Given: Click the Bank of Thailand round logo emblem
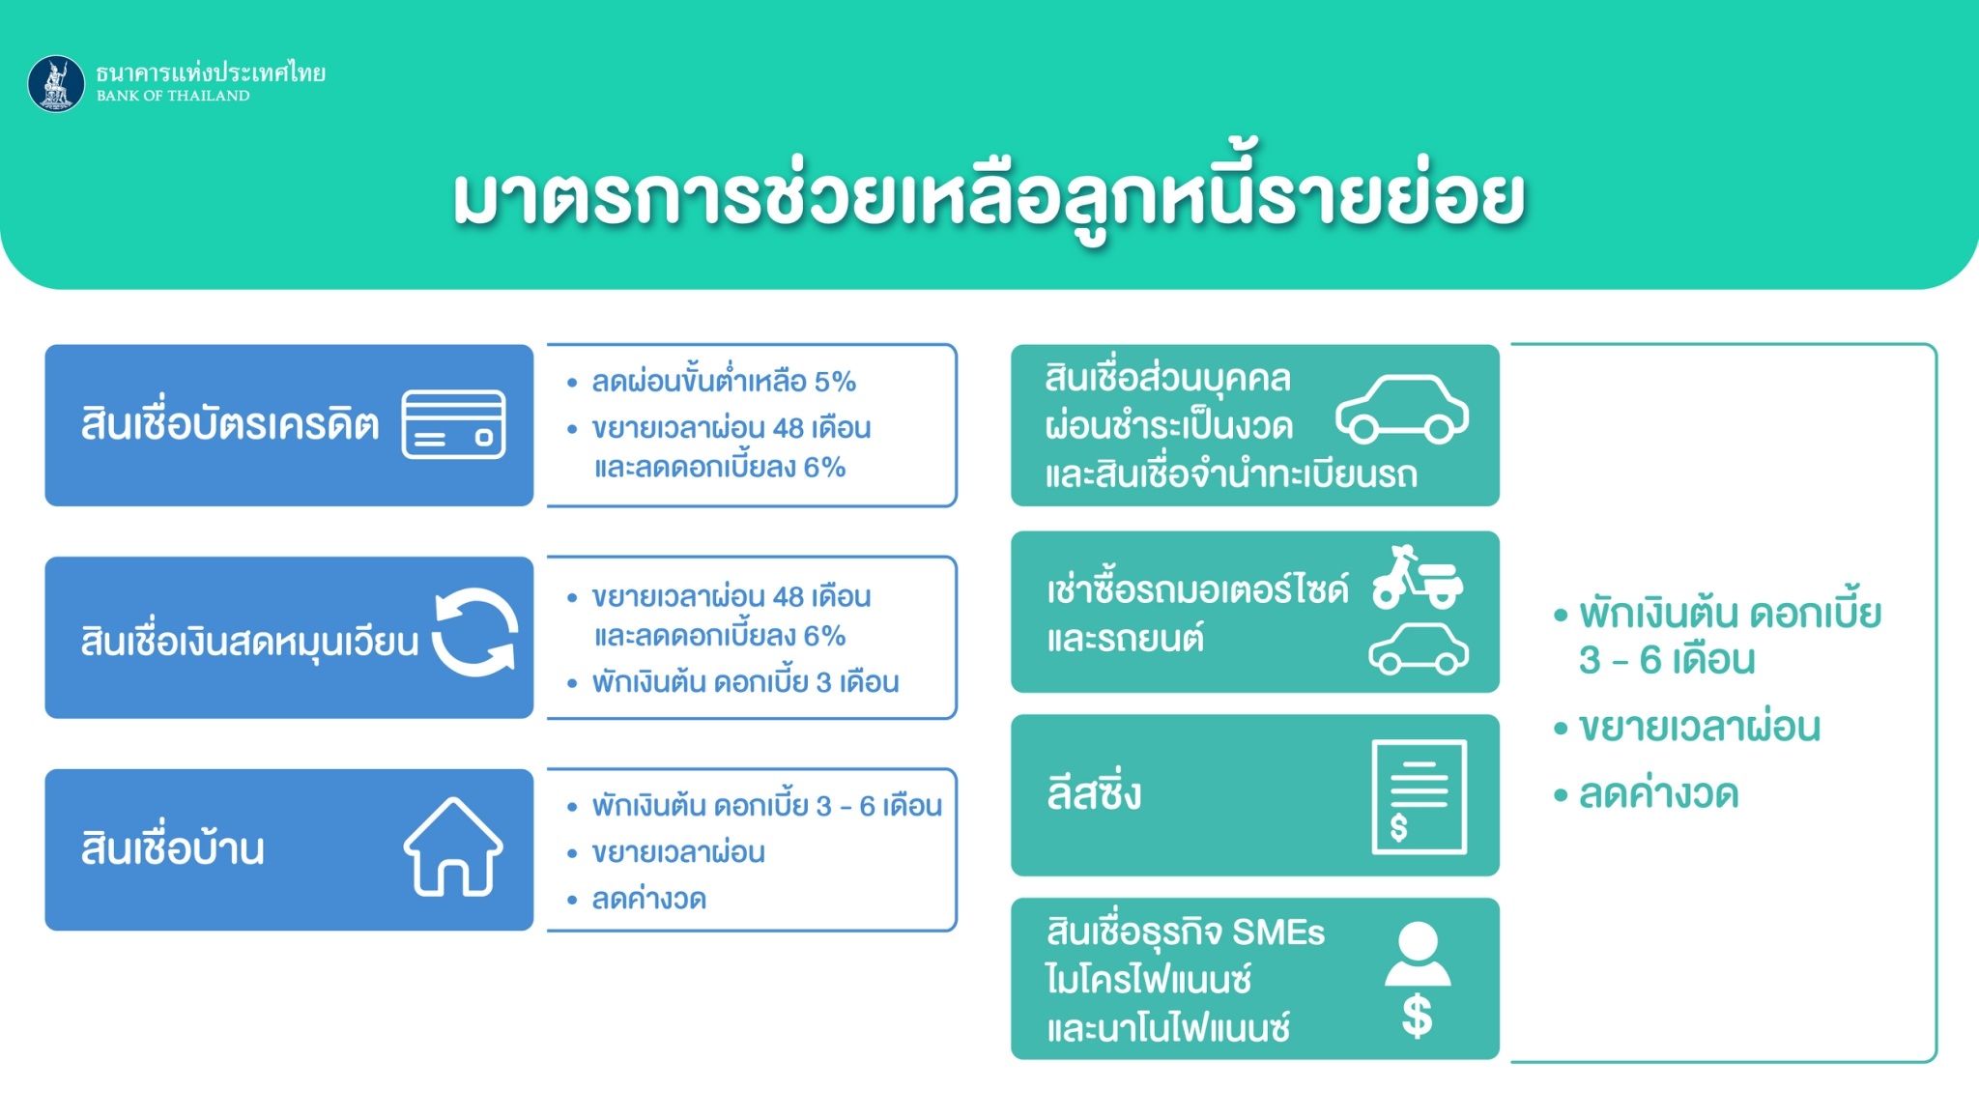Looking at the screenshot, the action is coord(56,83).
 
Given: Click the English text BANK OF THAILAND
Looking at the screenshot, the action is coord(173,96).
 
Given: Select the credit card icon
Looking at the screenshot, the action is coord(453,424).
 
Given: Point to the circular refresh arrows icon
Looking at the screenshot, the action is coord(474,633).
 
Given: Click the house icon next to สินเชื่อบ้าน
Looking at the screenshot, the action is coord(453,847).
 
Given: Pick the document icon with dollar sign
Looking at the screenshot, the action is coord(1420,797).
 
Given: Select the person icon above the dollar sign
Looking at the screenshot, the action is coord(1418,954).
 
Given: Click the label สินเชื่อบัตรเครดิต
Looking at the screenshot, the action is coord(230,424).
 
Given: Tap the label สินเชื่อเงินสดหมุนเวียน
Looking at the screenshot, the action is coord(249,641).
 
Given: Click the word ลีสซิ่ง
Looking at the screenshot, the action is coord(1094,791).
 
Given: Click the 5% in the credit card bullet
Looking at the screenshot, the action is coord(835,382).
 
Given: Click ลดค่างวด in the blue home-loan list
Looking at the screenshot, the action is coord(649,899).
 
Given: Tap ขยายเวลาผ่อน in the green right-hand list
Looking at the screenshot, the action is coord(1700,727).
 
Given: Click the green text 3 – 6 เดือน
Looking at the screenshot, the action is coord(1667,660).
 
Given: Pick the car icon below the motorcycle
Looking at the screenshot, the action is coord(1419,648).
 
